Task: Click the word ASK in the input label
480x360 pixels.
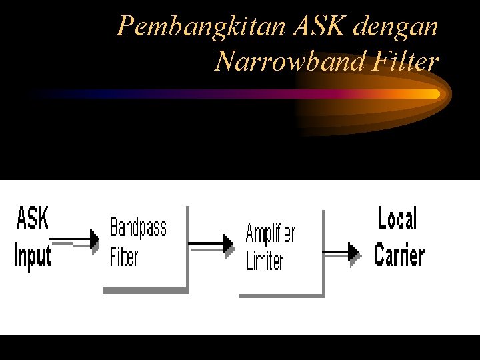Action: point(32,218)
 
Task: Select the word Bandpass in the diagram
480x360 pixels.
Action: point(138,227)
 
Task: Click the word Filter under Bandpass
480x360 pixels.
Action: point(124,255)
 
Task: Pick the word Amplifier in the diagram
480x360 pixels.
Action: point(270,234)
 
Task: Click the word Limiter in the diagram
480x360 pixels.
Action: point(265,261)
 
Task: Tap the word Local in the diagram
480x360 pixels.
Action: point(397,219)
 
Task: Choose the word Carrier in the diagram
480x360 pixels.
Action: point(399,254)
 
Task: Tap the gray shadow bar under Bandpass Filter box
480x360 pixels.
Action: point(145,290)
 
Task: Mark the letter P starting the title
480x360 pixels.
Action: point(124,27)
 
